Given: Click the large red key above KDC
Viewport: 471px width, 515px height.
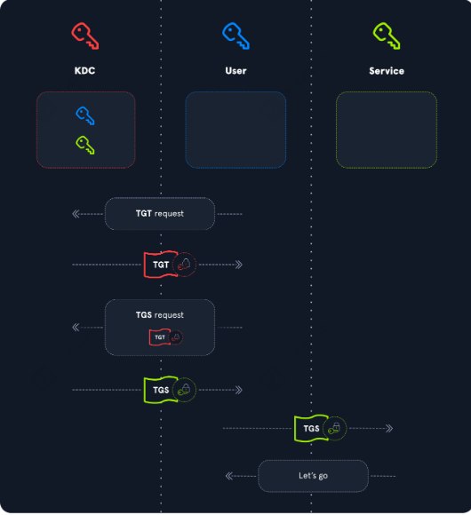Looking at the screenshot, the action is [x=84, y=36].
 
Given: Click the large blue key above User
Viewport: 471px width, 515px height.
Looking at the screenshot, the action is [x=235, y=36].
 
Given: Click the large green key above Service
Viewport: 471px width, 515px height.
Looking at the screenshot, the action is [x=387, y=36].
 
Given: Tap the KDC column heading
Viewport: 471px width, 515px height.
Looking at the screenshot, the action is [x=84, y=71].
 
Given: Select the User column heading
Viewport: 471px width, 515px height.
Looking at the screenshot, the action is [x=235, y=71].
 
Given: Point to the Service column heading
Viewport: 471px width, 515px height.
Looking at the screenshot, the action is [x=387, y=71].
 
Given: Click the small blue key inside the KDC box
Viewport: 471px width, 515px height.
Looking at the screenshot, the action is [x=85, y=115].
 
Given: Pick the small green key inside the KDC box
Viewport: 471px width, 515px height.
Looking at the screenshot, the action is [x=85, y=145].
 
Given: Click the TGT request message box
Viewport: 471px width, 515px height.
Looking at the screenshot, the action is [x=160, y=214].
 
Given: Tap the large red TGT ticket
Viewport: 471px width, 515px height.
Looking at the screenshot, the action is [x=161, y=265].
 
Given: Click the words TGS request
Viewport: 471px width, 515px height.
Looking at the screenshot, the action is [x=160, y=315].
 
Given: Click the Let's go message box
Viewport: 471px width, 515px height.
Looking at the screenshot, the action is [x=313, y=476].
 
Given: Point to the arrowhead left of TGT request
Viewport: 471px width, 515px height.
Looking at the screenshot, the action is [x=76, y=214].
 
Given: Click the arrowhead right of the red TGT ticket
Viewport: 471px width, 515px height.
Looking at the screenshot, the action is [x=239, y=265].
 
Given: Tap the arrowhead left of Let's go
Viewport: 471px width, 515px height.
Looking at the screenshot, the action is [x=229, y=476].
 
